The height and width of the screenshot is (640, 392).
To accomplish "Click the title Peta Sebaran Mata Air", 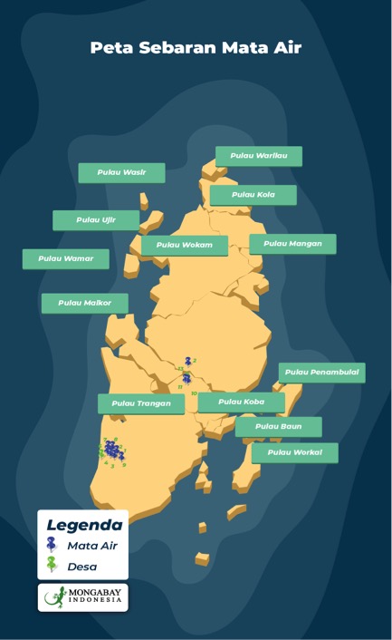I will pos(196,48).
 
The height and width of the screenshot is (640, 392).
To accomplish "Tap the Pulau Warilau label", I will pos(259,156).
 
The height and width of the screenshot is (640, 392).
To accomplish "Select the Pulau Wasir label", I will pos(121,172).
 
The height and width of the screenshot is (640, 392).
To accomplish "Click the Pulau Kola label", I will pos(253,195).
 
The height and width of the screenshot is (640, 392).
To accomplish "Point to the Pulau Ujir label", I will pos(96,219).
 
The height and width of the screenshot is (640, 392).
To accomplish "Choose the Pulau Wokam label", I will pos(185,245).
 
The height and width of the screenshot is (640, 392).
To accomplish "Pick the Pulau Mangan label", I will pos(292,243).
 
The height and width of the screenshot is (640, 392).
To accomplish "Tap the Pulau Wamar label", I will pos(65,258).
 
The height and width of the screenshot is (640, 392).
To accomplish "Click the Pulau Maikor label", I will pos(84,303).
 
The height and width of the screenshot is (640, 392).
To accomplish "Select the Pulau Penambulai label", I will pos(321,372).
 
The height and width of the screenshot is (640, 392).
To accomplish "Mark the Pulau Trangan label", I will pos(141,403).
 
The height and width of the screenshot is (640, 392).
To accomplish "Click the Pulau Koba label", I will pos(241,402).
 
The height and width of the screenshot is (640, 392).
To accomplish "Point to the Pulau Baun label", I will pos(278,426).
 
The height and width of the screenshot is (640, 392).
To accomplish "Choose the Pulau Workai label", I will pos(294,452).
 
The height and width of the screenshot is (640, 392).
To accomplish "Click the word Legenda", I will pos(84,525).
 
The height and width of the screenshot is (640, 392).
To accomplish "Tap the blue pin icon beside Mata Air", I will pos(52,545).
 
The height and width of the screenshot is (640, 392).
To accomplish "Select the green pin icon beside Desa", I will pos(52,566).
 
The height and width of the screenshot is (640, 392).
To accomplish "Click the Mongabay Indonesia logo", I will pos(83,597).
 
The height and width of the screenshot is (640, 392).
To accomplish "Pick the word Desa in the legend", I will pos(82,567).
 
